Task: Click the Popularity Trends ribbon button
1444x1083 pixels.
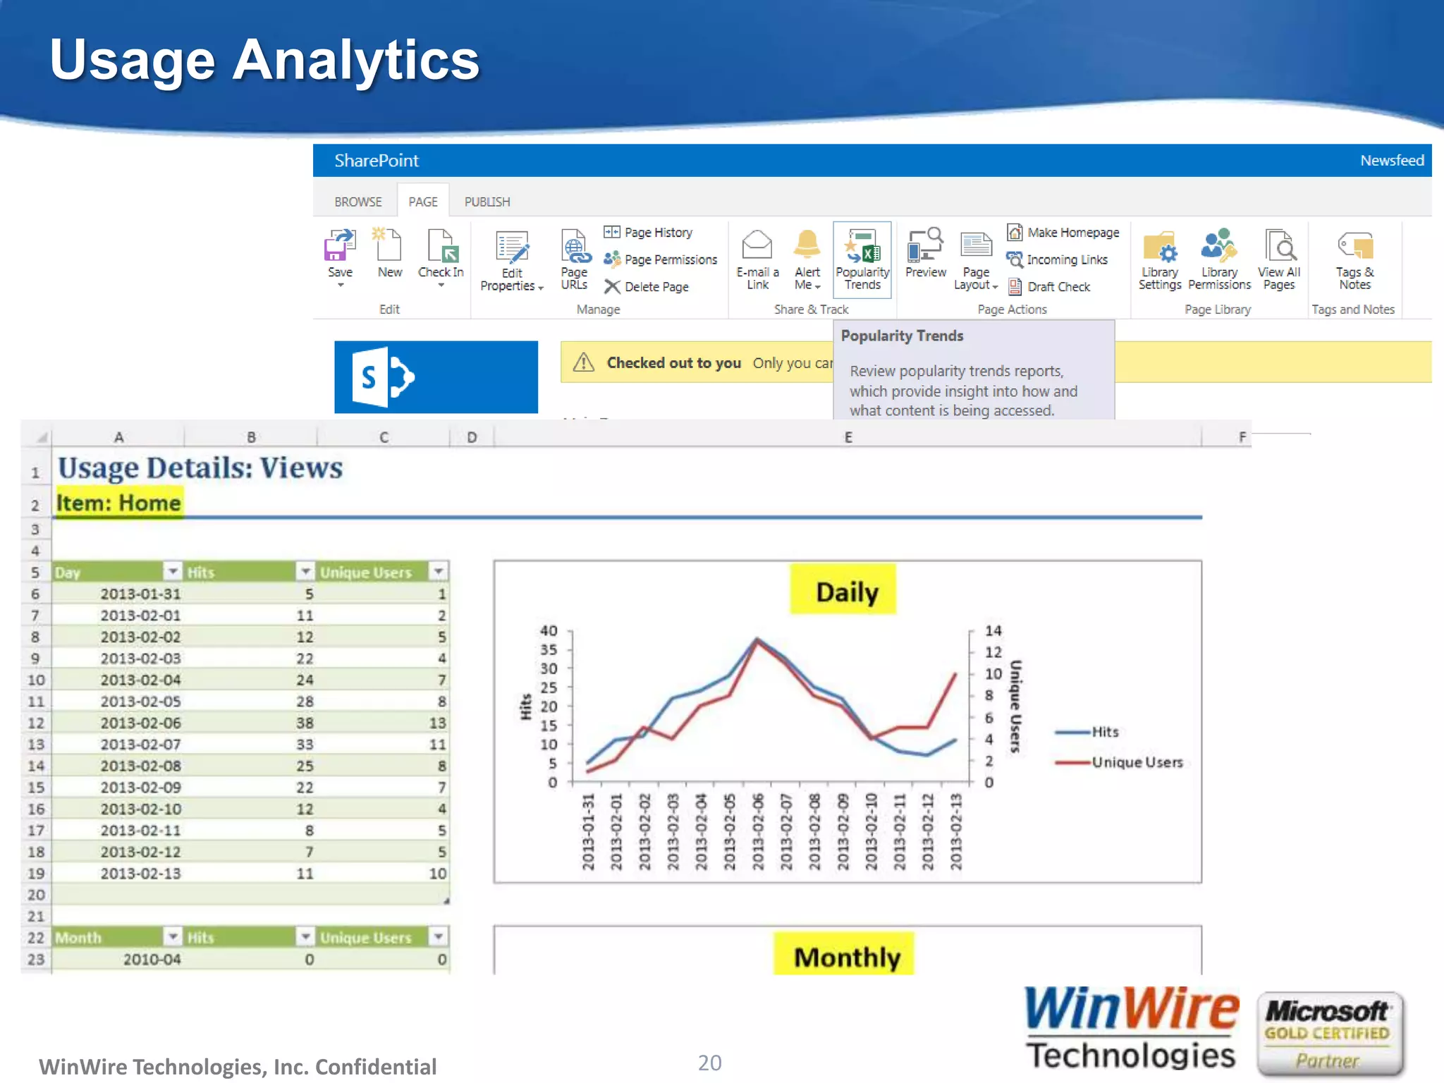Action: click(862, 259)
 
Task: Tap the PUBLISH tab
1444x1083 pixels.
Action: click(487, 202)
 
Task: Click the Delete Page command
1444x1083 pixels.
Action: click(656, 287)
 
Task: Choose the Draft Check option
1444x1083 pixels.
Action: click(1058, 287)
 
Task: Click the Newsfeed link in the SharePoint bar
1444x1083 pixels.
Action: click(1391, 161)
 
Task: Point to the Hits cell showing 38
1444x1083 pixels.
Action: click(305, 723)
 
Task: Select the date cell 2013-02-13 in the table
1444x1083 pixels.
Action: click(140, 874)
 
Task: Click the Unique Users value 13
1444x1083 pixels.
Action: click(437, 723)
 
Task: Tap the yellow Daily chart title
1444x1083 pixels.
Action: click(846, 592)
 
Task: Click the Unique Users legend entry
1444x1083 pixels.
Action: click(1136, 762)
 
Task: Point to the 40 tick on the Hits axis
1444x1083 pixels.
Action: click(549, 631)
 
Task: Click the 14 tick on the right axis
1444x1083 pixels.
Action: click(993, 631)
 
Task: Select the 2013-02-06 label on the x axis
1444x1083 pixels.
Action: click(758, 832)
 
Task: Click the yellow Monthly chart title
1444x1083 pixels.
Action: click(846, 957)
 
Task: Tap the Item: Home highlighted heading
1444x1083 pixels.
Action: click(118, 503)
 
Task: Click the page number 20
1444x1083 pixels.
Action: click(709, 1063)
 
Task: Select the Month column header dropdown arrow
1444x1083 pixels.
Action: click(173, 936)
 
